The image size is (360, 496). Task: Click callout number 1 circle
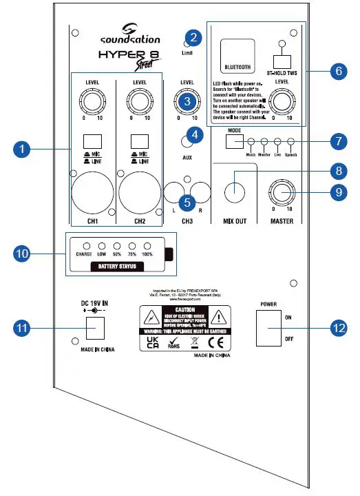(x=22, y=148)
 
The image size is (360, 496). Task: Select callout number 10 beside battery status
(x=22, y=253)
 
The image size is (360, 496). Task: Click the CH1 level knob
(x=92, y=103)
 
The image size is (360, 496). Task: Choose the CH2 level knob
(x=140, y=103)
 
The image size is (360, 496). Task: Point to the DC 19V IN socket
(x=94, y=329)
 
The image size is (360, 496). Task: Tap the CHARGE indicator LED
(x=85, y=246)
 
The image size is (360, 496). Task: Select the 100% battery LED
(x=146, y=246)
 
